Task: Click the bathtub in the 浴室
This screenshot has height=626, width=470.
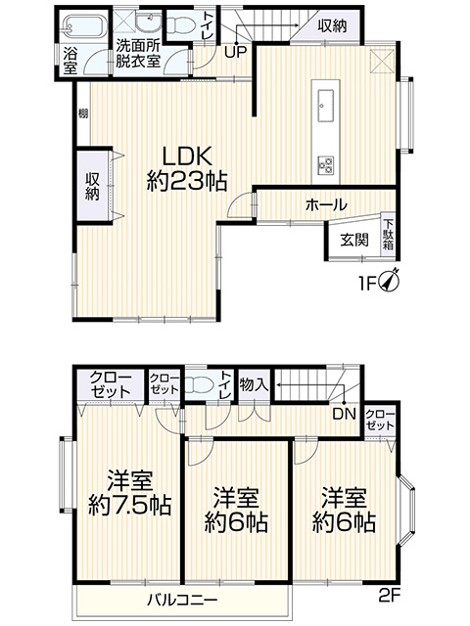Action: click(85, 28)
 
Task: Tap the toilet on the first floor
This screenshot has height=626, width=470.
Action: click(180, 25)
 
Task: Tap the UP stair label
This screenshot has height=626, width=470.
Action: click(235, 52)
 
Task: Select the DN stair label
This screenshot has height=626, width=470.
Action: click(344, 414)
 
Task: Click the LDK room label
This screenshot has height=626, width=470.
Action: click(186, 156)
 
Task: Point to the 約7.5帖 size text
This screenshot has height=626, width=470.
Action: click(129, 505)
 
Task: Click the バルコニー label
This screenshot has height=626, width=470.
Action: click(182, 600)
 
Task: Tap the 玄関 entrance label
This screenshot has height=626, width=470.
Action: click(354, 240)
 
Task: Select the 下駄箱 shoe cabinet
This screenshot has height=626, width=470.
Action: click(389, 235)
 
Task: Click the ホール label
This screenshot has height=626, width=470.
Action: click(326, 204)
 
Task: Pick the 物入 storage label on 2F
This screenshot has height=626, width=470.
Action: click(254, 384)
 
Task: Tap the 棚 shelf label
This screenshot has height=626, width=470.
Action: click(83, 113)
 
